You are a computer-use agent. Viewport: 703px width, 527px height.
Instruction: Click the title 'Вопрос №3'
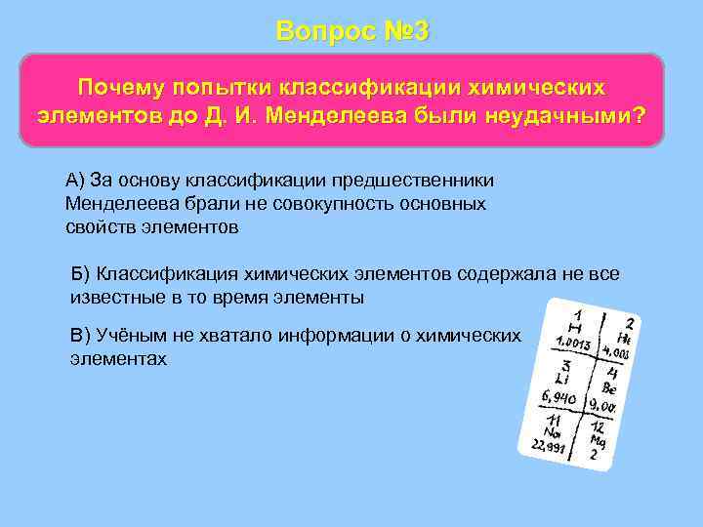pos(351,30)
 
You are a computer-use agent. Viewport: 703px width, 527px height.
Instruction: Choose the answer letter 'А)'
pos(76,182)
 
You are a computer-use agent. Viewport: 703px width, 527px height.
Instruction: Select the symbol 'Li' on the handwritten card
pos(560,377)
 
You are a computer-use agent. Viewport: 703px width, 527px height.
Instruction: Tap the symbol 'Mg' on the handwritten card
pos(598,440)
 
